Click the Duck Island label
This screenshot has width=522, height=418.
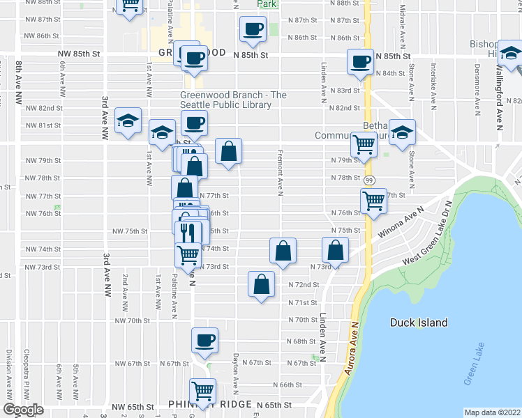coord(419,323)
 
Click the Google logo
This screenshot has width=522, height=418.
coord(23,410)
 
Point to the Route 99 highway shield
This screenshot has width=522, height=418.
coord(370,180)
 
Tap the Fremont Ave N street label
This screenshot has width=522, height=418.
coord(280,173)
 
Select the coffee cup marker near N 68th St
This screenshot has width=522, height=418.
coord(204,340)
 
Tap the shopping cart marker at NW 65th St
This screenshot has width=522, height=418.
coord(202,391)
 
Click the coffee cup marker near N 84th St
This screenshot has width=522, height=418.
coord(360,62)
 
